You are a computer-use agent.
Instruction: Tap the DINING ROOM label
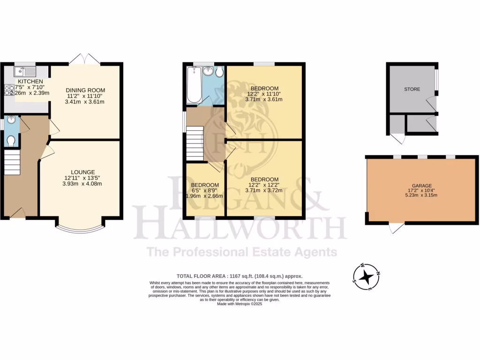coord(85,90)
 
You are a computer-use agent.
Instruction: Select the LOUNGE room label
coord(83,172)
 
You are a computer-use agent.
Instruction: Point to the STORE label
coord(412,89)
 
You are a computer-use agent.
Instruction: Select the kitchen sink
coord(25,72)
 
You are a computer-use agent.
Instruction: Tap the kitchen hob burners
coord(9,90)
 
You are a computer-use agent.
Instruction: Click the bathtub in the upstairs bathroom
coord(194,85)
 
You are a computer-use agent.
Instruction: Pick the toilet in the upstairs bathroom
coord(219,72)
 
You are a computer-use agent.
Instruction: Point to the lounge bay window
coord(80,229)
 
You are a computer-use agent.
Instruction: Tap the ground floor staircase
coord(13,162)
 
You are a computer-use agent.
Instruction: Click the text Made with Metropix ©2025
coord(240,304)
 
